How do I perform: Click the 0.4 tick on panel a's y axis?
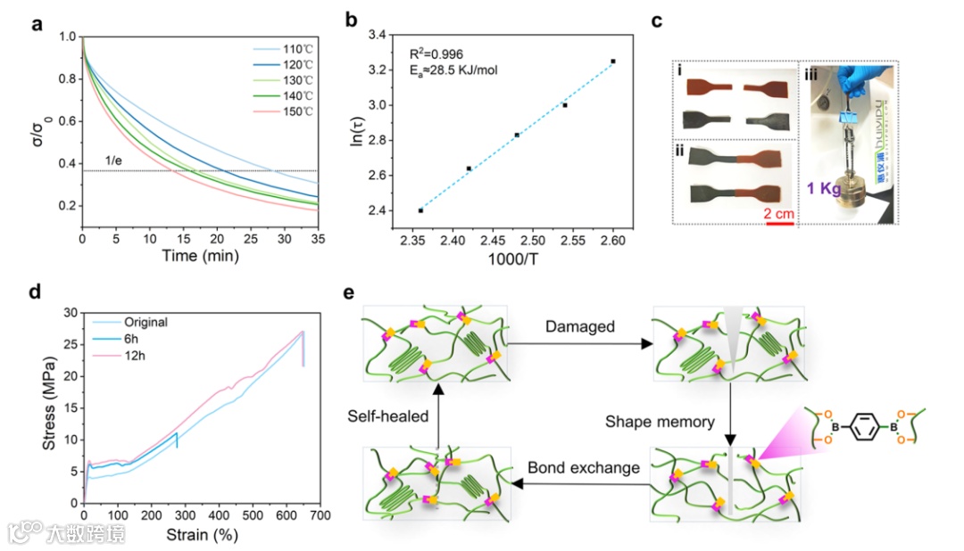(66, 163)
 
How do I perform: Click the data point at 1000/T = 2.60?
(613, 62)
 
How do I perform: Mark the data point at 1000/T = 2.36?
(420, 210)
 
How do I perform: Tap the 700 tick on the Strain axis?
(320, 515)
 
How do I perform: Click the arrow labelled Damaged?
(580, 342)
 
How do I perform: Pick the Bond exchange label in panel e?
(569, 467)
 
